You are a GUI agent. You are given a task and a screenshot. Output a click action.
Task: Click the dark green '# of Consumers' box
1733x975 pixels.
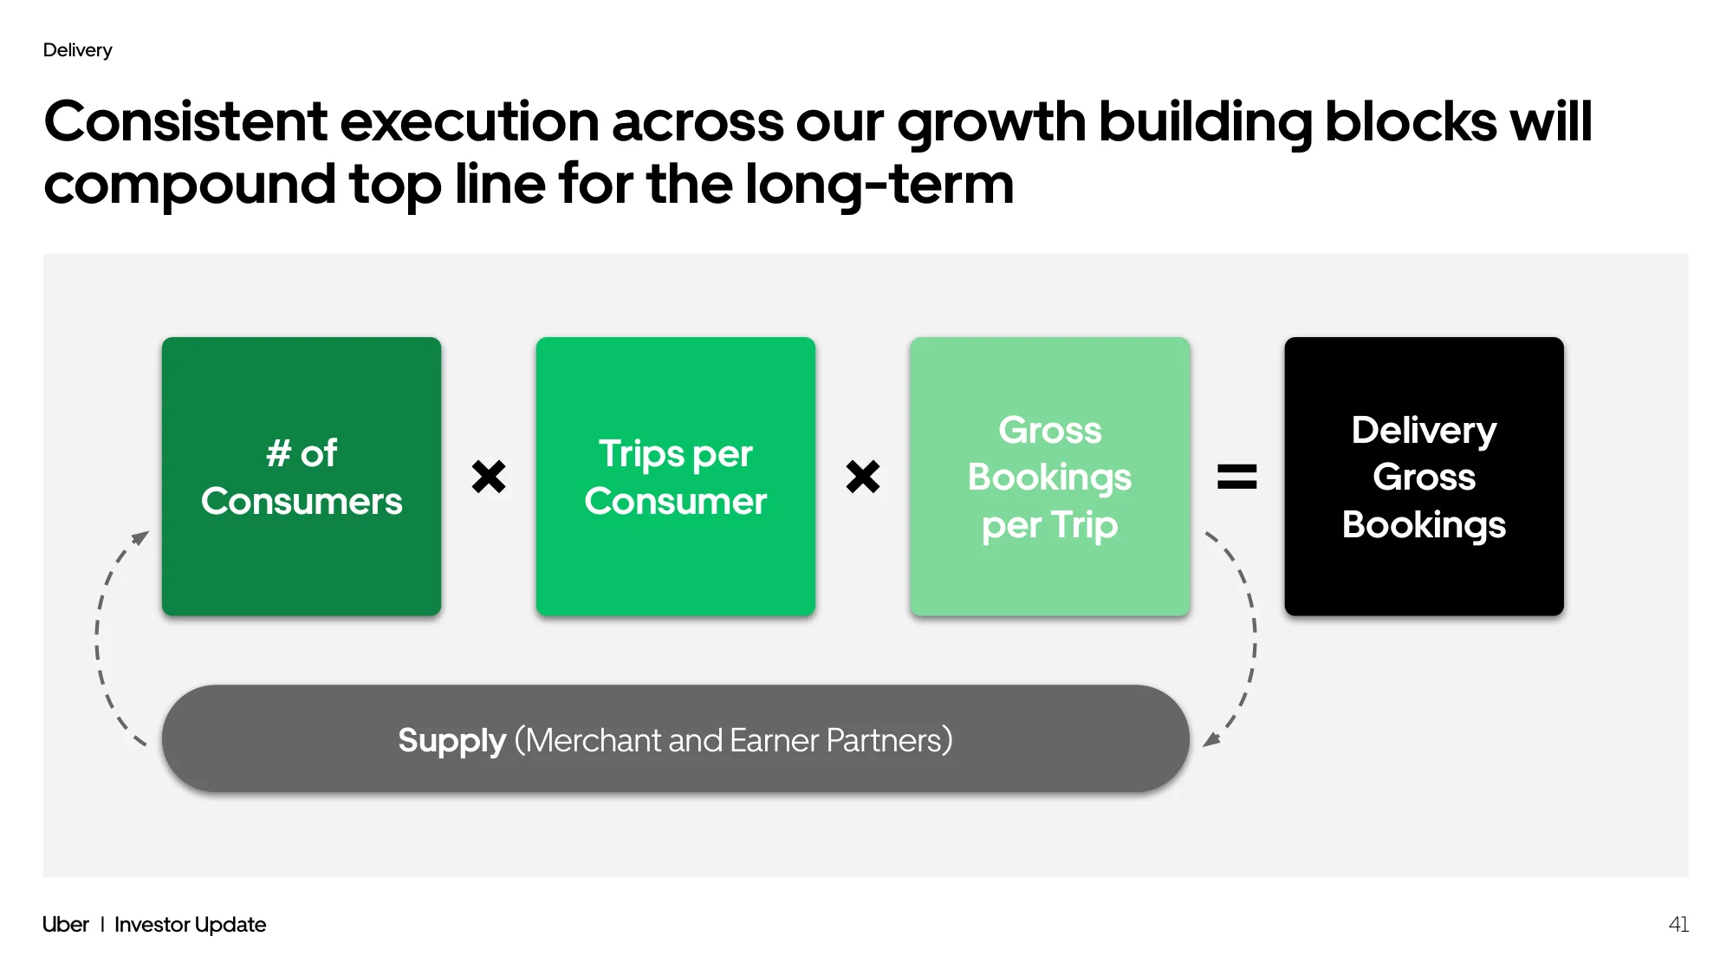(302, 477)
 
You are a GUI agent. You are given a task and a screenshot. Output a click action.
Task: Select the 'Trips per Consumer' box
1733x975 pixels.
(676, 477)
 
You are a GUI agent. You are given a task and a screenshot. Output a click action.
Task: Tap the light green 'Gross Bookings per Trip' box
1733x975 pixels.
(1050, 477)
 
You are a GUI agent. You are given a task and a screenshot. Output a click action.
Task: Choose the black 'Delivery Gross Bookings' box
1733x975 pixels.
(1425, 477)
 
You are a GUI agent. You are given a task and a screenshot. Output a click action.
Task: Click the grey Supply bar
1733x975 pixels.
(676, 739)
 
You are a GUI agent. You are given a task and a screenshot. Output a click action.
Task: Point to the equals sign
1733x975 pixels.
(1237, 477)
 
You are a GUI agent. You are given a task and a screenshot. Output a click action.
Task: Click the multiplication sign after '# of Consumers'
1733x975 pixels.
(489, 477)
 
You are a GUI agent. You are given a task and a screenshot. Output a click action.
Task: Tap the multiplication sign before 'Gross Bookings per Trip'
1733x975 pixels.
(863, 477)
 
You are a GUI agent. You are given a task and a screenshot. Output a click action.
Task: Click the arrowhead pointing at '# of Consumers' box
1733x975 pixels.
(140, 538)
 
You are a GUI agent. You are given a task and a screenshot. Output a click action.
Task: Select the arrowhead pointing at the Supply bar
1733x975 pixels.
(1212, 738)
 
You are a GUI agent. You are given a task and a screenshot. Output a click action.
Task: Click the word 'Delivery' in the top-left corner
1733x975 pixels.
(77, 50)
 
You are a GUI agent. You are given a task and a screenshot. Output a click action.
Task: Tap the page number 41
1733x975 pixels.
(1678, 925)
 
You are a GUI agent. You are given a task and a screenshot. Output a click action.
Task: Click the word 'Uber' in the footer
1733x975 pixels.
(66, 925)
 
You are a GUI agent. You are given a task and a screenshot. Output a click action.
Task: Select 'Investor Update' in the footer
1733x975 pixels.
(191, 925)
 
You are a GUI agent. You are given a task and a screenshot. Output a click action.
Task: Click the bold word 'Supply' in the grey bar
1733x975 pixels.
(451, 741)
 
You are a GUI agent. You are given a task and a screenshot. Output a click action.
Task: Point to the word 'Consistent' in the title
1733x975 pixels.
(186, 121)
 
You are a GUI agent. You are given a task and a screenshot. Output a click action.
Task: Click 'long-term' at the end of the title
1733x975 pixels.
(879, 185)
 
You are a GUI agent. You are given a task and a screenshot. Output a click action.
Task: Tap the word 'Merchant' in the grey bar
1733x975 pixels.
(594, 740)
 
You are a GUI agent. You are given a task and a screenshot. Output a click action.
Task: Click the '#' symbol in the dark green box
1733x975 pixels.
(278, 453)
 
